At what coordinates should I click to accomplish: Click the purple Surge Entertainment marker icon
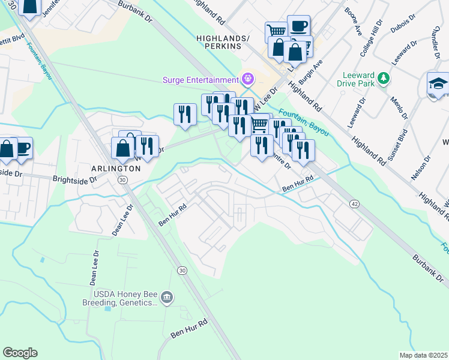click(x=247, y=79)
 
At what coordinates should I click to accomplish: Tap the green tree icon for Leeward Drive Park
click(x=382, y=79)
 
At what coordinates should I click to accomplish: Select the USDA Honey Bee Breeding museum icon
click(x=167, y=296)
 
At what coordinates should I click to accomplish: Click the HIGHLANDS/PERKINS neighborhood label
click(x=223, y=42)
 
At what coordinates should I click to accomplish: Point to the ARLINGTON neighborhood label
click(x=115, y=169)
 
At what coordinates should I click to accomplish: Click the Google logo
click(x=20, y=353)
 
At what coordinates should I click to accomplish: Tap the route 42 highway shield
click(x=355, y=205)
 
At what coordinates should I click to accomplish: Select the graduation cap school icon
click(x=438, y=84)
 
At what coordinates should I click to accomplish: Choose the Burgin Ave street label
click(x=311, y=71)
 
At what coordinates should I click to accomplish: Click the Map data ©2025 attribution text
click(x=423, y=355)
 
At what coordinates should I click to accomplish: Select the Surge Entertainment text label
click(x=200, y=80)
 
